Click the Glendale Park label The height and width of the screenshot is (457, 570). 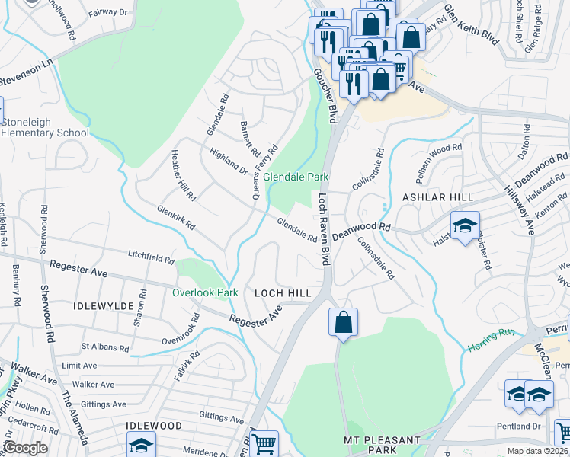[x=296, y=177]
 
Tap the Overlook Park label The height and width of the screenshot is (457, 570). [x=205, y=292]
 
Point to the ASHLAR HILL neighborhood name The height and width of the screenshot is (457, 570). [x=421, y=197]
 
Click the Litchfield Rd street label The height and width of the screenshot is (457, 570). [x=151, y=257]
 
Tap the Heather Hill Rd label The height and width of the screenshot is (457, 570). [x=184, y=175]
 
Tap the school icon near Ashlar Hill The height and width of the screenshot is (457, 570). [x=465, y=225]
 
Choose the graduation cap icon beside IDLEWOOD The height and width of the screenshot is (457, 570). [x=141, y=445]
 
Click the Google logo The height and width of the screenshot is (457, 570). [x=25, y=448]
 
